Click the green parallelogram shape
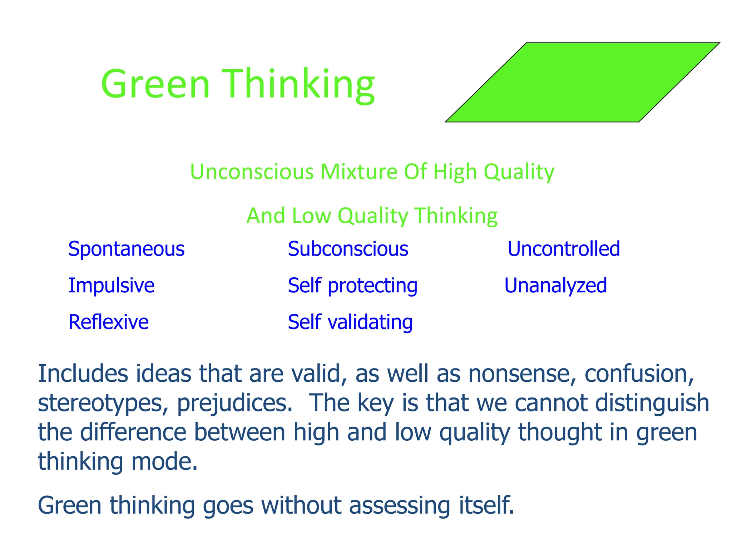583,83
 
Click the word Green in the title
155,84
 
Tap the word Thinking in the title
298,85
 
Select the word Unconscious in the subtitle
252,172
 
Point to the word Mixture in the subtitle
358,172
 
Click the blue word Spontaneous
126,249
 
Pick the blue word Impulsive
111,286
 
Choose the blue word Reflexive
108,322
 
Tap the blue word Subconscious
348,249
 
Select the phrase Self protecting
352,286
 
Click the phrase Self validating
350,322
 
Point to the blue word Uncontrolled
564,249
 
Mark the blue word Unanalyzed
555,286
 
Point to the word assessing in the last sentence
399,506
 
